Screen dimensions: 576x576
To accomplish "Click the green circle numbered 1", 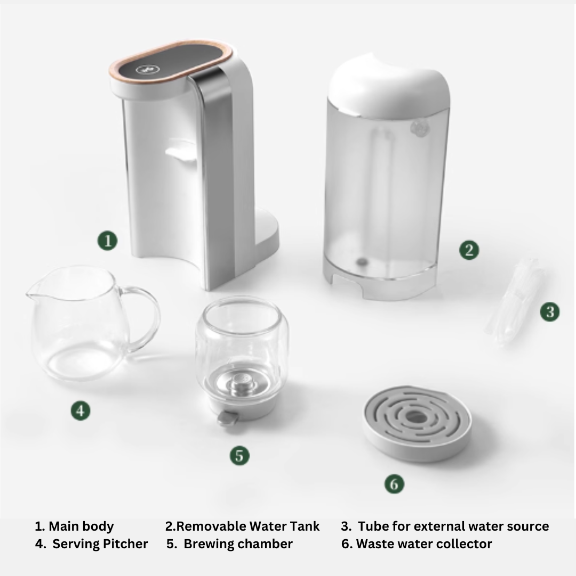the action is (x=108, y=241).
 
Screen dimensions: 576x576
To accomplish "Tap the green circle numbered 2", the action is (x=469, y=250).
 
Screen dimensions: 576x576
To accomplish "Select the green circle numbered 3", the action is (x=550, y=312).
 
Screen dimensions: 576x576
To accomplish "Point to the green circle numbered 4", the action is (x=81, y=410).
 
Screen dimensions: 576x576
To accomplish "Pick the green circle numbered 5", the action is (x=239, y=455).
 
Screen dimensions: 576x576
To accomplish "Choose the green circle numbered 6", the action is (x=394, y=484).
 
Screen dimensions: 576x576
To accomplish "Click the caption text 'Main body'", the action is (x=81, y=526).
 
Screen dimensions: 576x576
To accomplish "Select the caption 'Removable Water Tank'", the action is (x=248, y=526).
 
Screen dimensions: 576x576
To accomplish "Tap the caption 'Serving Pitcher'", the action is (x=100, y=543).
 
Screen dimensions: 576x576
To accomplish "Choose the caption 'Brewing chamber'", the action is (x=238, y=543).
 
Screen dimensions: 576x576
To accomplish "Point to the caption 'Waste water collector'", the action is (x=424, y=543).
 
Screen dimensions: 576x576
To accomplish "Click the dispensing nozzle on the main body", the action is (x=181, y=151).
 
